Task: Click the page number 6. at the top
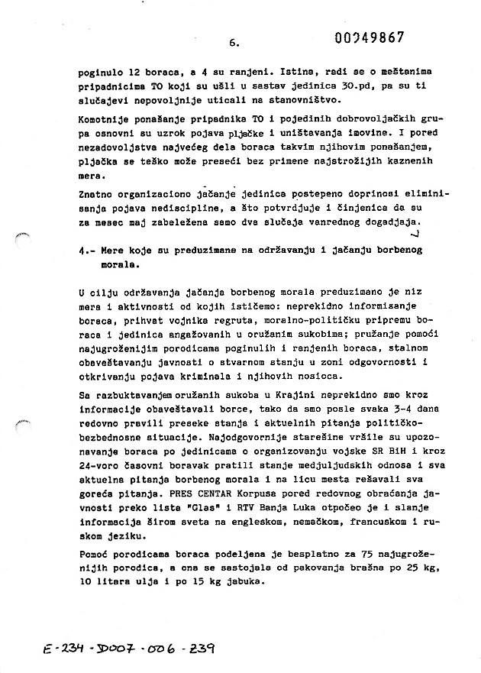tap(234, 44)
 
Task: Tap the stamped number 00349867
tap(370, 37)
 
